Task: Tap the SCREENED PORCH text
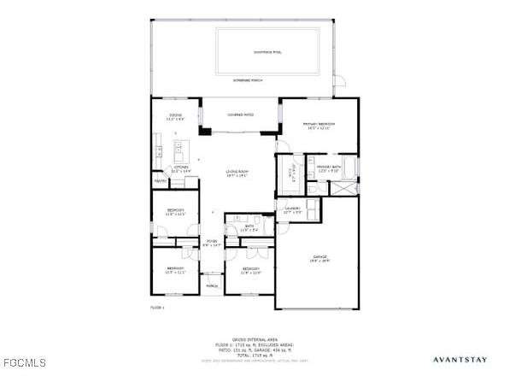point(248,79)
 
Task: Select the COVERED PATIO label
point(240,115)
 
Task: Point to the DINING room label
point(175,116)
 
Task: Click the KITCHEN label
point(181,170)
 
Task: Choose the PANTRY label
point(160,181)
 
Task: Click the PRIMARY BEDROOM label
point(319,126)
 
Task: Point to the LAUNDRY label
point(291,209)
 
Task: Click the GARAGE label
point(319,258)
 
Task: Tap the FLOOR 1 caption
point(157,307)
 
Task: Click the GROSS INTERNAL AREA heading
point(255,339)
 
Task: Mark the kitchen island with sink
point(179,152)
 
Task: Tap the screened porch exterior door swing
point(339,81)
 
